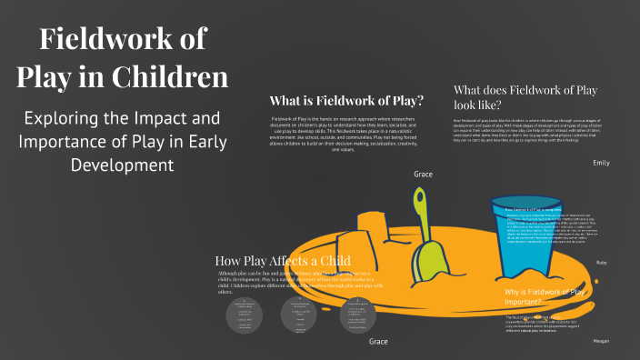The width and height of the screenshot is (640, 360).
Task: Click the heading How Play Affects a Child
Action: [283, 260]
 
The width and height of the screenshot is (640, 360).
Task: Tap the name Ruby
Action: [601, 263]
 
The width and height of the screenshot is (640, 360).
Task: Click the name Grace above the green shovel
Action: [423, 174]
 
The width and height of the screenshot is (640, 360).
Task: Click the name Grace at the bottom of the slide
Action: [378, 342]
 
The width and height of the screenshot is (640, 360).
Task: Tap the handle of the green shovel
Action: [420, 214]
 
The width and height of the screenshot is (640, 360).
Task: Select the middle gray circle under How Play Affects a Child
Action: [301, 313]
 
